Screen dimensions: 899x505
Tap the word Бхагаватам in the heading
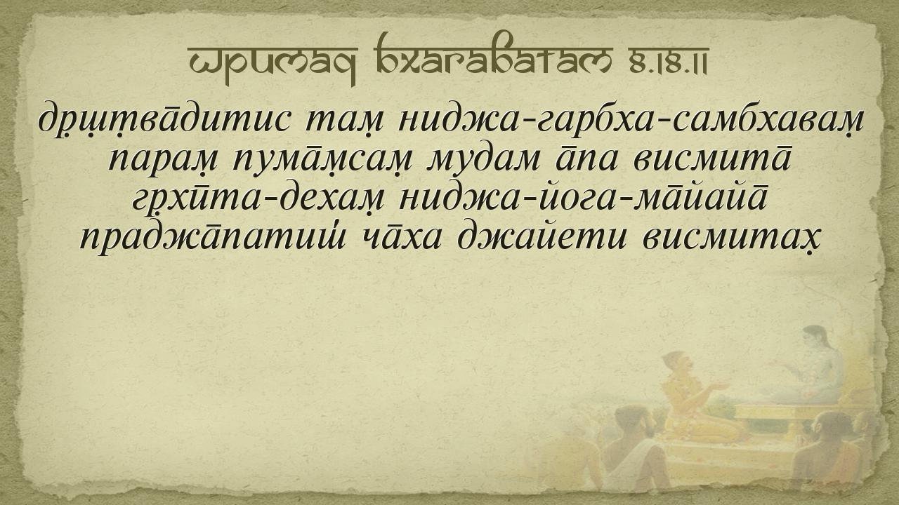click(x=494, y=55)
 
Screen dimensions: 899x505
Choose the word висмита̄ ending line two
click(x=713, y=156)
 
